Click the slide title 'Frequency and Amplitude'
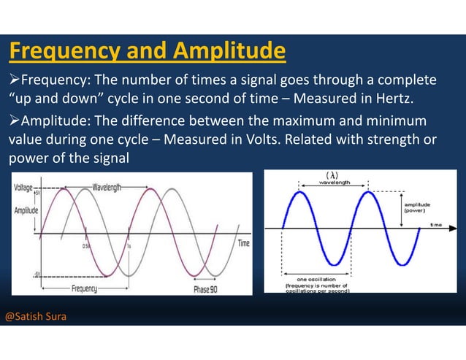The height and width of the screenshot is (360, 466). coord(146,52)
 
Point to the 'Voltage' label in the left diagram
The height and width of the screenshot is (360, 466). coord(27,188)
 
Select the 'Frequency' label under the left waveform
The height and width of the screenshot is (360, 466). coord(85,289)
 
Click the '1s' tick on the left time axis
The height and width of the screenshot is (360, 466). coord(129,246)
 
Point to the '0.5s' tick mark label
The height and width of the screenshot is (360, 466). coord(86,246)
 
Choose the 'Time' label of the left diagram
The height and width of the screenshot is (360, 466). coord(243,242)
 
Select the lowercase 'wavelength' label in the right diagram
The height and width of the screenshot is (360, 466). coord(335,183)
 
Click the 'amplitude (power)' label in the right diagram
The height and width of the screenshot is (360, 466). coord(419,208)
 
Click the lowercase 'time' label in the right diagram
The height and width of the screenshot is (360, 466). coord(436,224)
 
